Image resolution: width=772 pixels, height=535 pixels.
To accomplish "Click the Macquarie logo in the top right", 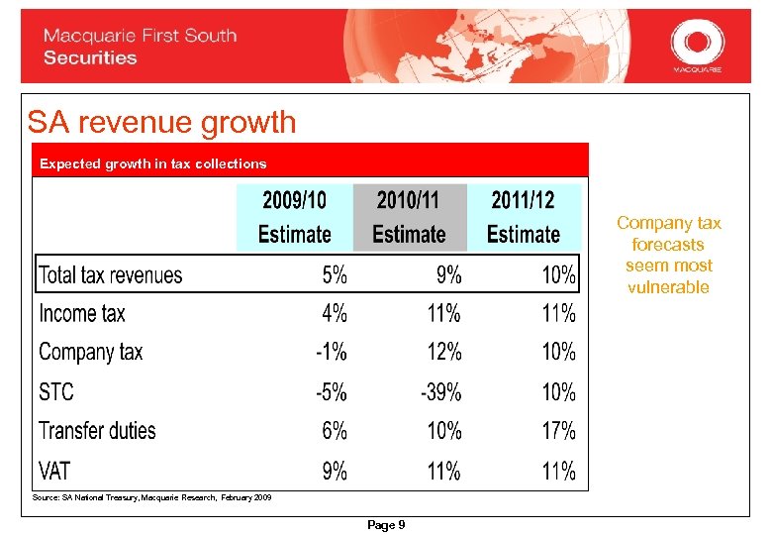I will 697,46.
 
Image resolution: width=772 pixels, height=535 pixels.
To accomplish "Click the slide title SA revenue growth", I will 161,122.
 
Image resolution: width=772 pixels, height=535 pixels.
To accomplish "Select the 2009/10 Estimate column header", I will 294,217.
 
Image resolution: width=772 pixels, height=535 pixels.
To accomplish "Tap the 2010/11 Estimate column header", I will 409,217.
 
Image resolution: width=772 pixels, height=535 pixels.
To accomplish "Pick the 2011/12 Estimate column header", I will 523,217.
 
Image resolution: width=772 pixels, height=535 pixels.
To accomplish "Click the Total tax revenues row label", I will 110,274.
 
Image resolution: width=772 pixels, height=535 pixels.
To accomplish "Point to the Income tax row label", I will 82,314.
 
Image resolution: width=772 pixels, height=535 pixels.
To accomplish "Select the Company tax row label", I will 91,352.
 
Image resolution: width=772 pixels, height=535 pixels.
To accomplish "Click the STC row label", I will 56,391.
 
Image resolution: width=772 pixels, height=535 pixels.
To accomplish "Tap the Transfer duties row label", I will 97,431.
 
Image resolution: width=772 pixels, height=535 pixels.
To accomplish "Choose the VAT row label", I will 55,470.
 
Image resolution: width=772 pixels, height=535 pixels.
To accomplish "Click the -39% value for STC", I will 441,391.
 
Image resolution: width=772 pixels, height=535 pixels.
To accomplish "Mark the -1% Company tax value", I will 332,352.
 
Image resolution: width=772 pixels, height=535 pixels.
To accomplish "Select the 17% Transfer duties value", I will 558,431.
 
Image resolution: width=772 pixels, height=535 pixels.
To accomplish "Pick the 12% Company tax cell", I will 444,352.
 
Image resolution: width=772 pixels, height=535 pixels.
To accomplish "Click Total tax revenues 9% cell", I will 448,274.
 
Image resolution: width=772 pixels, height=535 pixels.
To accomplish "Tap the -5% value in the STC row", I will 332,391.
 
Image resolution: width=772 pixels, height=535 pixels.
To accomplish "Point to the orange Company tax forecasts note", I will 669,255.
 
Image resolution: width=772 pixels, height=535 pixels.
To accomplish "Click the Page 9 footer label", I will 386,525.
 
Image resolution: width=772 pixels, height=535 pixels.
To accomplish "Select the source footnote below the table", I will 151,497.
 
